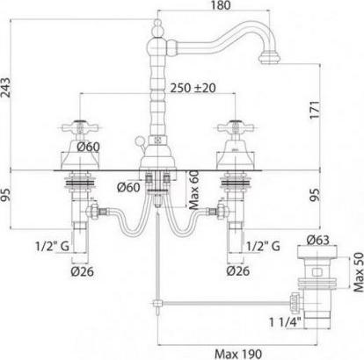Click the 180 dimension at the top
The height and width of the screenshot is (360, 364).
click(x=221, y=5)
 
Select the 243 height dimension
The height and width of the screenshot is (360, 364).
click(x=6, y=88)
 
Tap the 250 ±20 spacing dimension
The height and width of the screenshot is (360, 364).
click(x=193, y=88)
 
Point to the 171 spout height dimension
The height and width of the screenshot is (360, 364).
click(x=315, y=110)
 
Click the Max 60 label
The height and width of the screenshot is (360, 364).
click(x=194, y=190)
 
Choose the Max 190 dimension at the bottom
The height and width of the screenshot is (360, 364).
click(x=238, y=354)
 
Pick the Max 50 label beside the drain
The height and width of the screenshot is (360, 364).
click(x=359, y=272)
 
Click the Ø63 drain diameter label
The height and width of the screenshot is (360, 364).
click(x=318, y=241)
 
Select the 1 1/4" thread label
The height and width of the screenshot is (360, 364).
click(x=286, y=322)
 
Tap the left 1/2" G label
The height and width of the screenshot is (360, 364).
click(x=53, y=247)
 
